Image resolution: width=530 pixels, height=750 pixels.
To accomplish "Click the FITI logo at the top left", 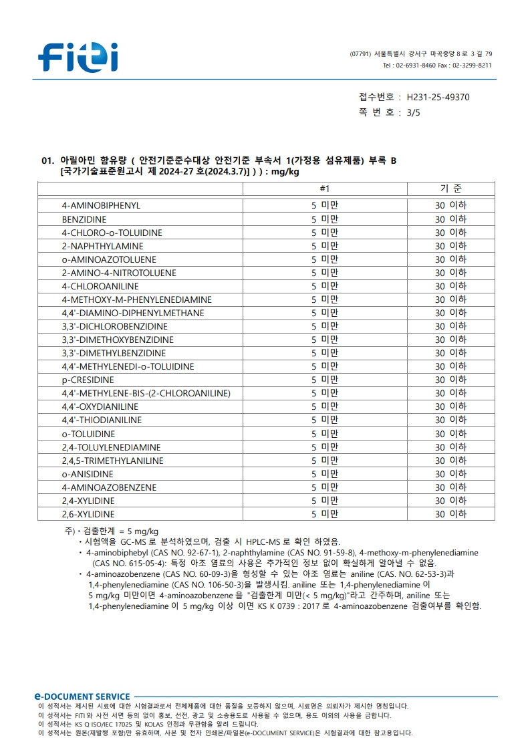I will pyautogui.click(x=78, y=57).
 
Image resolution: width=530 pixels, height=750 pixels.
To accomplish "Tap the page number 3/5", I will pyautogui.click(x=414, y=112).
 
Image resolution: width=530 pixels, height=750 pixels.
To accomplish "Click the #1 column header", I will pyautogui.click(x=325, y=189).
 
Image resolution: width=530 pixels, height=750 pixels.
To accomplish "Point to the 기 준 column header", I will pyautogui.click(x=450, y=189).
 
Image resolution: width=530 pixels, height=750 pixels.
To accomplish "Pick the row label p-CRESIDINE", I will pyautogui.click(x=88, y=380).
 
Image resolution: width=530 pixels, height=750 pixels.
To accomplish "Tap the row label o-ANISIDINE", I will pyautogui.click(x=88, y=474).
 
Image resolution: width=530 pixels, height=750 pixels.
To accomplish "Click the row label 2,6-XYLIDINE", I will pyautogui.click(x=88, y=514).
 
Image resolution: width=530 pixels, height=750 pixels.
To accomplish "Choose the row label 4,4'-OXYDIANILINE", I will pyautogui.click(x=100, y=406).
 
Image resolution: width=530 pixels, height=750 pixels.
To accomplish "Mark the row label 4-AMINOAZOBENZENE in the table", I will pyautogui.click(x=109, y=487).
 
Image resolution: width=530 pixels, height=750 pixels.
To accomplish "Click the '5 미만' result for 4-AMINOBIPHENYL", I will pyautogui.click(x=325, y=206).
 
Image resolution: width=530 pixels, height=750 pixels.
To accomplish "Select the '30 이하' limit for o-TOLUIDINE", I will pyautogui.click(x=450, y=434).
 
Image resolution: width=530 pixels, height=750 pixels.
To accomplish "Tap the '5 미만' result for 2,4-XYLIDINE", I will pyautogui.click(x=325, y=501).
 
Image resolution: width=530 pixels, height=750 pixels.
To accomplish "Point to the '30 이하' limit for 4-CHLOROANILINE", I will pyautogui.click(x=450, y=286).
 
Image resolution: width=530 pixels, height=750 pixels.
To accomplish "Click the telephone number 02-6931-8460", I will pyautogui.click(x=415, y=66).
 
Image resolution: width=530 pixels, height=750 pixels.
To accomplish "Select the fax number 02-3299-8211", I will pyautogui.click(x=472, y=66).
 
